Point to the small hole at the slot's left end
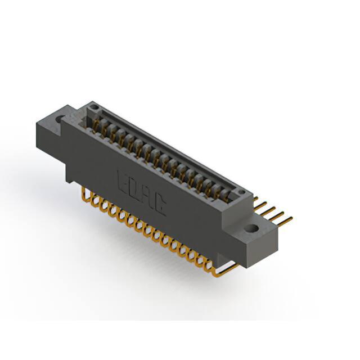(x=94, y=107)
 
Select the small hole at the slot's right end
(x=241, y=192)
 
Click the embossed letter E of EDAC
(x=122, y=182)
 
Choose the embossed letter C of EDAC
(x=159, y=205)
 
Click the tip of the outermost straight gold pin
(x=292, y=217)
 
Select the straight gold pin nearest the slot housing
(x=256, y=199)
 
